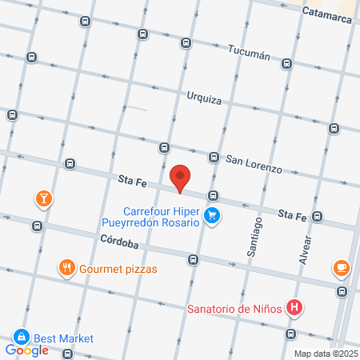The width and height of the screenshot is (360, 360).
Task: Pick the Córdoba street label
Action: click(x=121, y=241)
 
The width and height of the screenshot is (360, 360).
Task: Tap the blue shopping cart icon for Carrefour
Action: click(x=212, y=216)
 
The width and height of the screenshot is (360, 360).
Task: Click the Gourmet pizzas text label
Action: click(x=118, y=269)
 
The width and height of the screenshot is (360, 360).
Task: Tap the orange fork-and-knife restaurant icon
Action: click(x=66, y=268)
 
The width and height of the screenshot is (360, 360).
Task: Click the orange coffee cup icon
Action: click(x=342, y=269)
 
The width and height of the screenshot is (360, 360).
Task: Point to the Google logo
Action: click(x=27, y=350)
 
